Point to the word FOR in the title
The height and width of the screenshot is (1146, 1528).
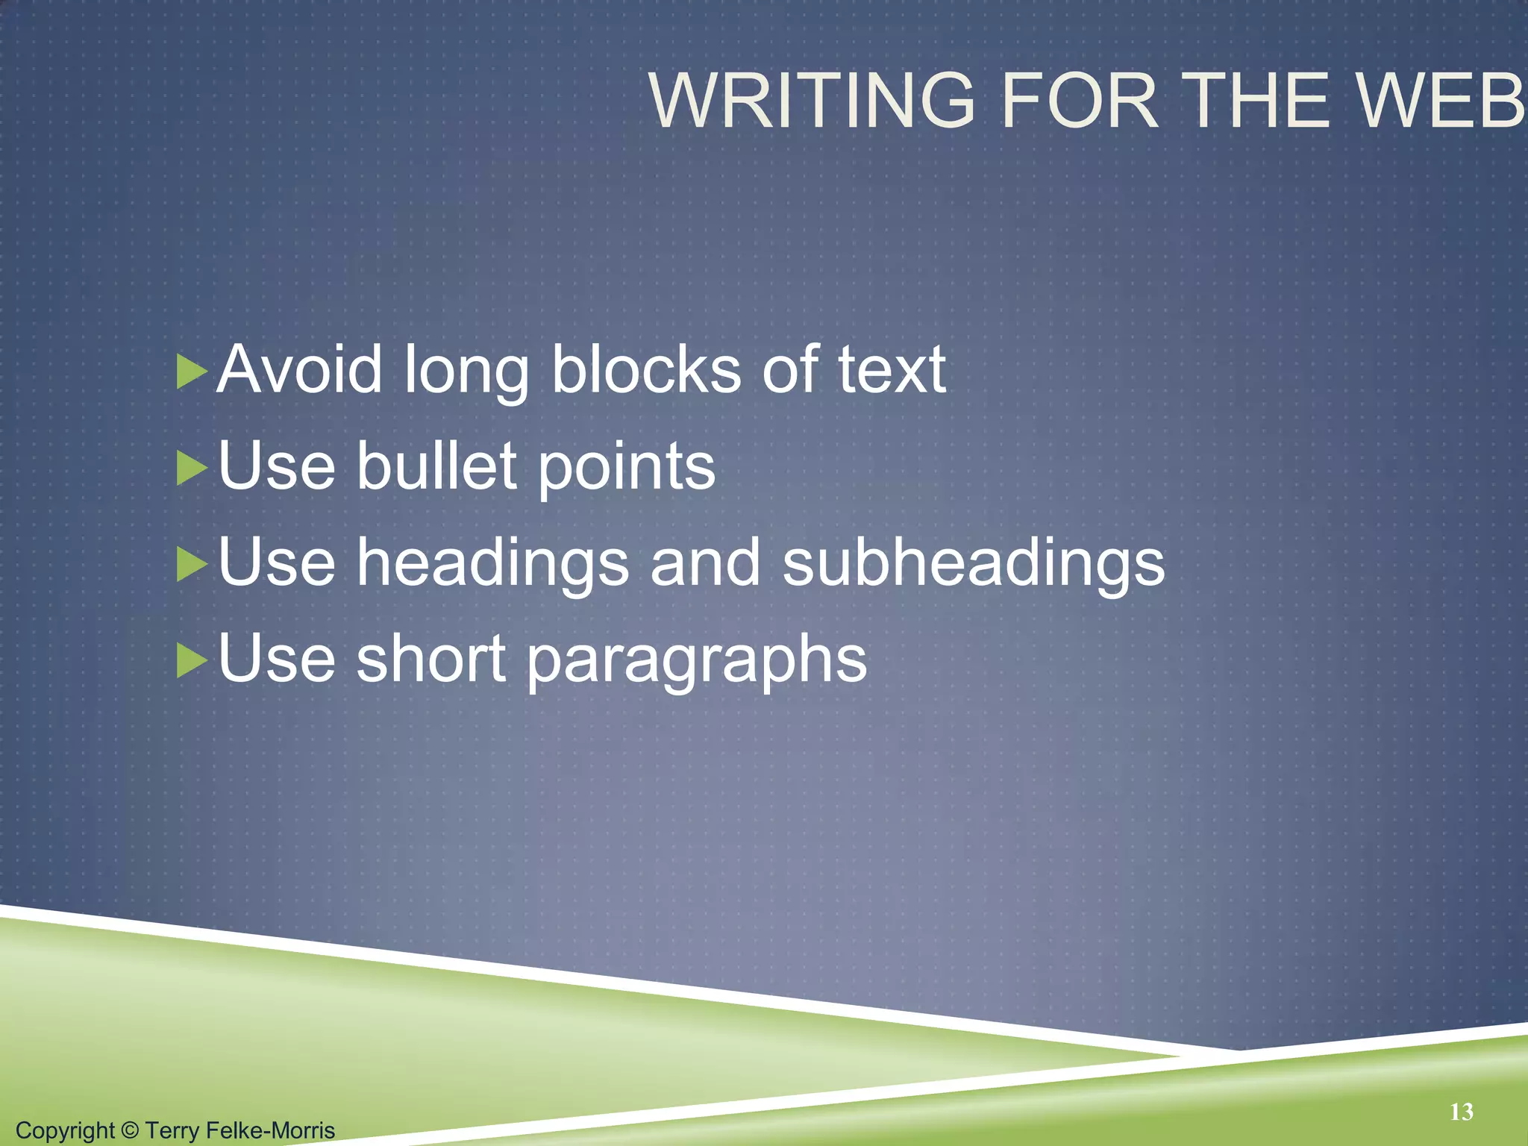[x=1080, y=101]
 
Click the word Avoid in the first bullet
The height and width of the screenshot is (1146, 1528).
[x=299, y=369]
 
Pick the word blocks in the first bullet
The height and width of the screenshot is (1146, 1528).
[x=646, y=369]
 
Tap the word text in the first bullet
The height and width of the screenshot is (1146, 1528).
[x=892, y=369]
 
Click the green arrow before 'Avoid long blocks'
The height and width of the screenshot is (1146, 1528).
[x=191, y=372]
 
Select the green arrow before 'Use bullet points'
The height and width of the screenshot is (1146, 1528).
[x=191, y=469]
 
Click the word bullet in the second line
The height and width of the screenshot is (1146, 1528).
[x=436, y=466]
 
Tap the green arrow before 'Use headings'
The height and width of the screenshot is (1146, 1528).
[x=191, y=565]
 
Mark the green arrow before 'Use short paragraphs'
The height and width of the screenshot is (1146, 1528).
[x=191, y=661]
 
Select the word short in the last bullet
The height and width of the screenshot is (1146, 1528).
[x=431, y=660]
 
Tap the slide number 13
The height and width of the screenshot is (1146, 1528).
[x=1462, y=1112]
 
